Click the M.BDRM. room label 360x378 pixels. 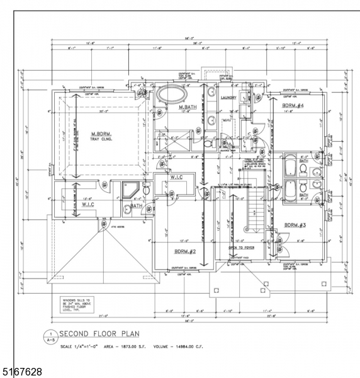click(101, 134)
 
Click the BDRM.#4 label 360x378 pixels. click(293, 105)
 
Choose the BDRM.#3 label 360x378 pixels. click(295, 225)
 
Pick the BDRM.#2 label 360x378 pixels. click(186, 251)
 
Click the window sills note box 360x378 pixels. click(76, 305)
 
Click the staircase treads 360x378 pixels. click(256, 211)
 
